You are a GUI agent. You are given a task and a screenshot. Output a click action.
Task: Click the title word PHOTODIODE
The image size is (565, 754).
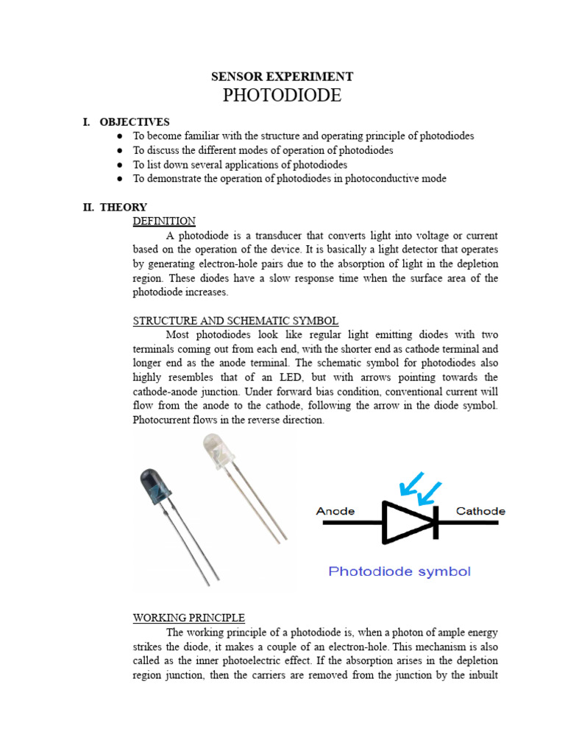tap(282, 96)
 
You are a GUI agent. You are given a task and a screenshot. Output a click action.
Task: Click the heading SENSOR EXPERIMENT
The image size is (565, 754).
tap(282, 77)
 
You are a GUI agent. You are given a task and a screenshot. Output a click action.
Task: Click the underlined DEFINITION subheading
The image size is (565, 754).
tap(164, 221)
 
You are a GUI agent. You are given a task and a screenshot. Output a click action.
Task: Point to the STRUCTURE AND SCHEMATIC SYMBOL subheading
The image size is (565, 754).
tap(235, 320)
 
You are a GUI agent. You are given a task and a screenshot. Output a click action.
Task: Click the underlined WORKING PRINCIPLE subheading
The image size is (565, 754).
tap(189, 617)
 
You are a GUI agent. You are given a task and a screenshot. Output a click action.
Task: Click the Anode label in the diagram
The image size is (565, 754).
tap(335, 511)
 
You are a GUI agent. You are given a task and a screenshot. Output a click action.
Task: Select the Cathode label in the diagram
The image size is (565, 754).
tap(480, 511)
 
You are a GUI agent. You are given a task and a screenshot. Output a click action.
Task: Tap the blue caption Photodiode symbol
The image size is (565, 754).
tap(399, 571)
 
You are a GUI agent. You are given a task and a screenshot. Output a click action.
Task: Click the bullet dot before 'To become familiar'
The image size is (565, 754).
tap(120, 137)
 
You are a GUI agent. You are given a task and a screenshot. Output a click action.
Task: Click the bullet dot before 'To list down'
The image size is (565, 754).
tap(120, 165)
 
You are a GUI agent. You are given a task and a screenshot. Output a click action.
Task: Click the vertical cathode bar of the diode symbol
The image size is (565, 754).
tap(437, 523)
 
